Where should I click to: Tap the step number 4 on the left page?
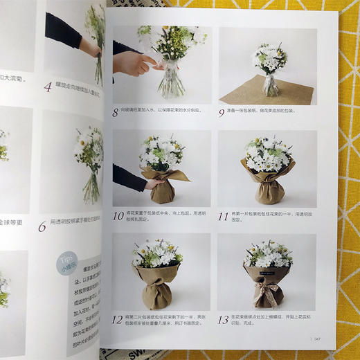[x=48, y=87]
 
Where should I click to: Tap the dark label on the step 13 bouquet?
[x=267, y=273]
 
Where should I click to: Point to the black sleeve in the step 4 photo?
[x=62, y=31]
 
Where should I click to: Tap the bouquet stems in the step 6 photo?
[x=89, y=187]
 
